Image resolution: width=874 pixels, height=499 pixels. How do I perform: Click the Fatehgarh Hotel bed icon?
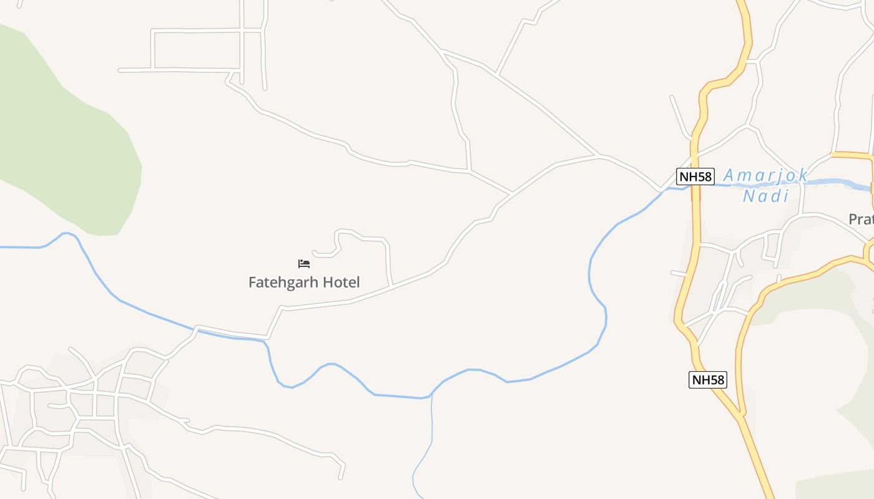(x=304, y=264)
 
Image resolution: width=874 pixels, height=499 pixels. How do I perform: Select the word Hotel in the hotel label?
(x=340, y=283)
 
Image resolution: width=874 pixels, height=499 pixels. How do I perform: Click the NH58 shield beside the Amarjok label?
(x=695, y=177)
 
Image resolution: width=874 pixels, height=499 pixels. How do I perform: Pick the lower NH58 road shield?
(x=708, y=379)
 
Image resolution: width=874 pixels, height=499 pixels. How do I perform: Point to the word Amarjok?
(x=765, y=175)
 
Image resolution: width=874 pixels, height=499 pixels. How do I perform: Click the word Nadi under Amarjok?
(x=765, y=196)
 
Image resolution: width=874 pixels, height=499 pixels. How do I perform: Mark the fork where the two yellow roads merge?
(x=741, y=415)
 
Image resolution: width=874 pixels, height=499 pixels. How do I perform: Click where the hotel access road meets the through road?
(x=391, y=286)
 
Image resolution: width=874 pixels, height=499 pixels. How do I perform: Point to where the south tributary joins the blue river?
(x=431, y=395)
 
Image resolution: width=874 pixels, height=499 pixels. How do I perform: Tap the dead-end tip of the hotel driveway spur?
(x=313, y=252)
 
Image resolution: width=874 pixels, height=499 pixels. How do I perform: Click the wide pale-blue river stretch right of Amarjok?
(x=837, y=183)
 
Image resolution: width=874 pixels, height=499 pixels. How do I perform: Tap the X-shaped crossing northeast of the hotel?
(x=511, y=193)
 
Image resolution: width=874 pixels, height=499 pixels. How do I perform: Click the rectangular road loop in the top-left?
(x=197, y=49)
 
